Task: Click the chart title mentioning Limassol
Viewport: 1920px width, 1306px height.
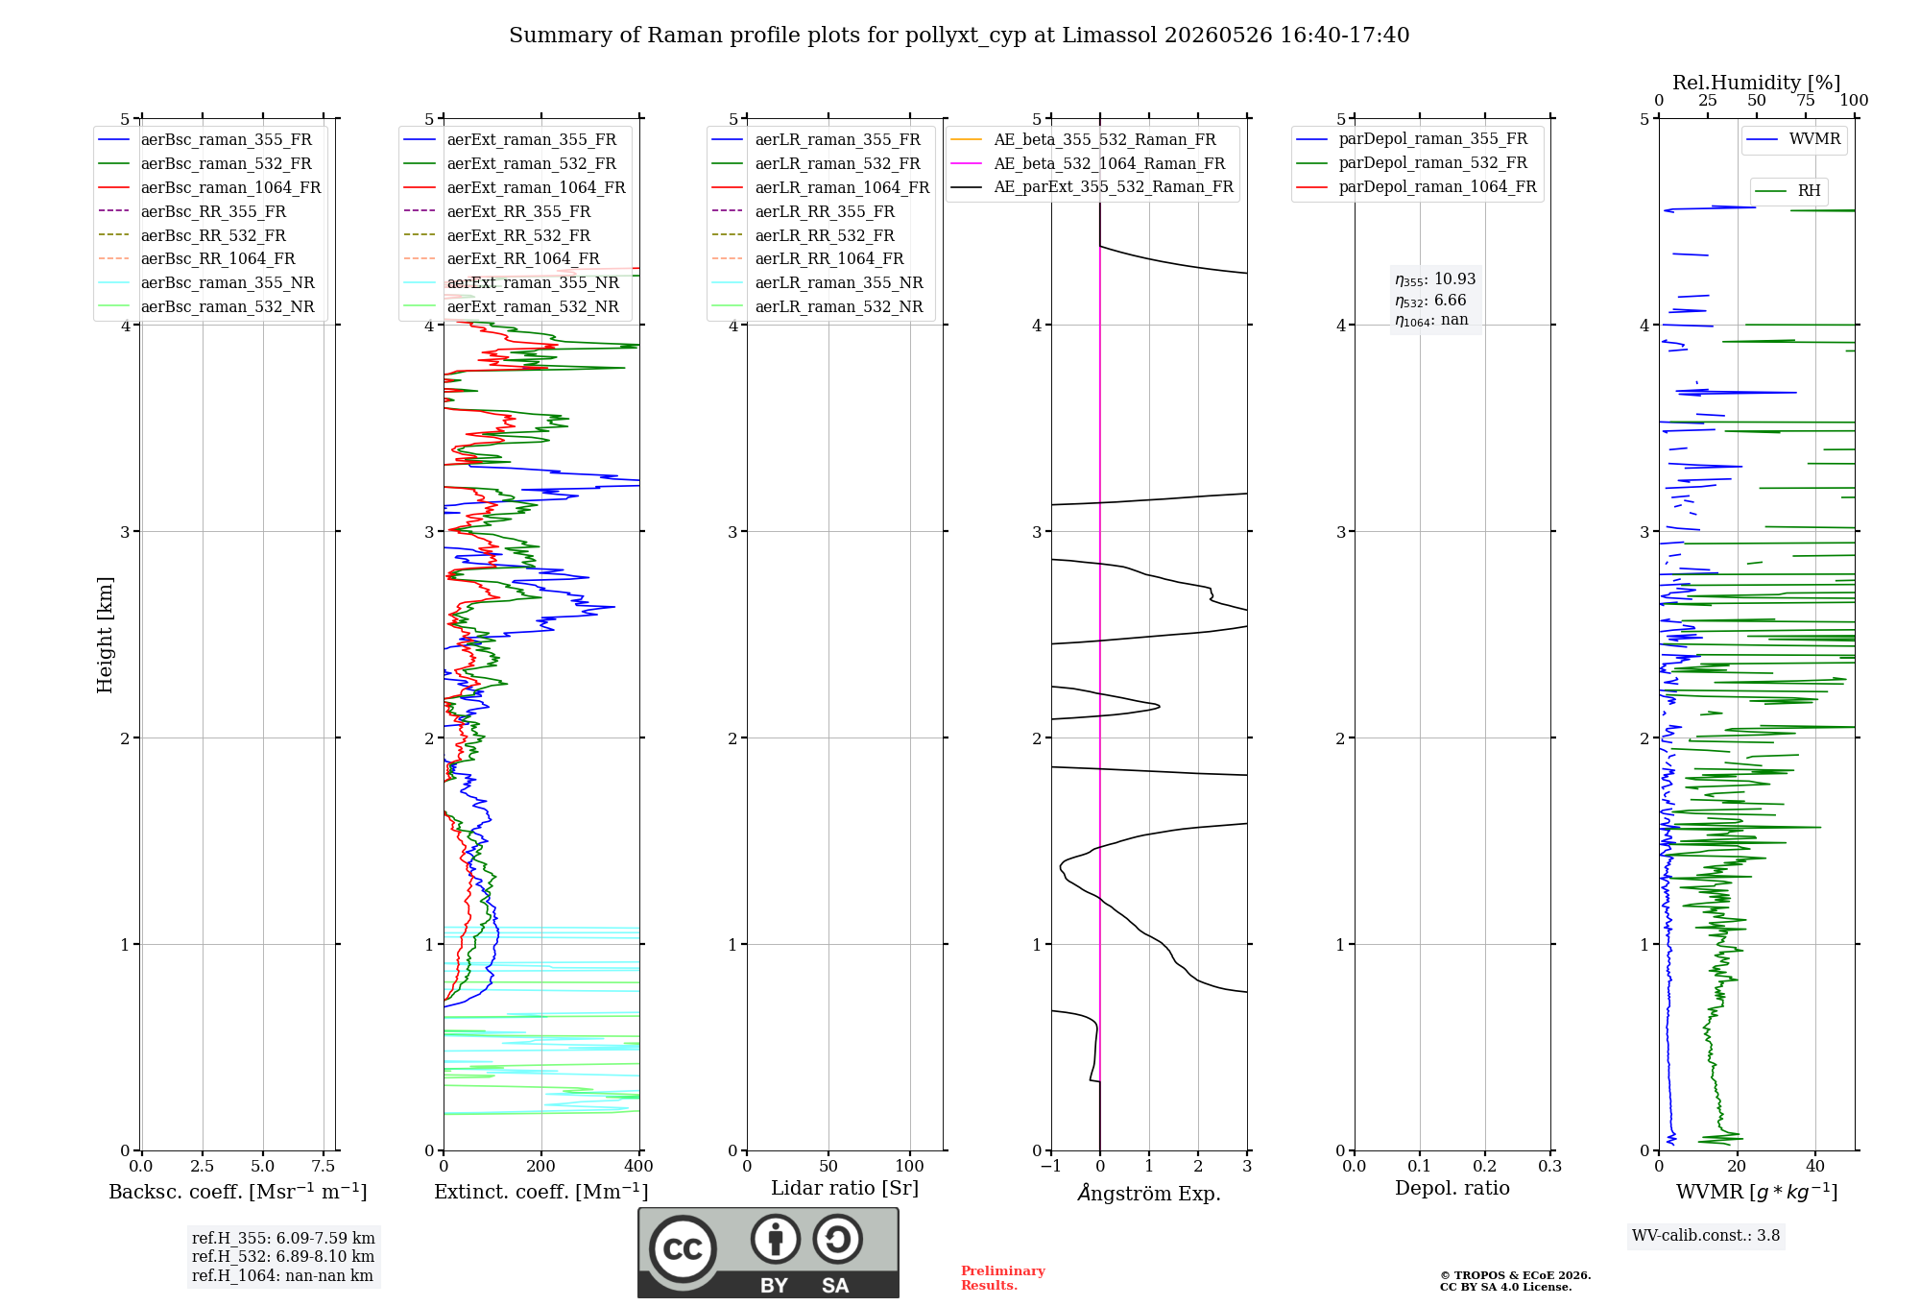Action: [x=959, y=36]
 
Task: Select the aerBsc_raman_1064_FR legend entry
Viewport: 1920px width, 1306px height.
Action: [x=209, y=187]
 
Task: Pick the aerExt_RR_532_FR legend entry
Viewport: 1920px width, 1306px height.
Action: [x=496, y=235]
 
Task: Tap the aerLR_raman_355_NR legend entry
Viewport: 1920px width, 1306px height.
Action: [x=817, y=282]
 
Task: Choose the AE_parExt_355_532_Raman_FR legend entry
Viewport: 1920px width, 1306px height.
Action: [x=1092, y=186]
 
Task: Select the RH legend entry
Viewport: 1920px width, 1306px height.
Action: [x=1788, y=191]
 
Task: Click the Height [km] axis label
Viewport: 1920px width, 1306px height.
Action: [x=105, y=635]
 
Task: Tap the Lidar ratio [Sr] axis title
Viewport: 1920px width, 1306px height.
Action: [x=845, y=1189]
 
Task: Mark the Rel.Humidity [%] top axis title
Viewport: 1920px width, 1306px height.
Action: [x=1757, y=83]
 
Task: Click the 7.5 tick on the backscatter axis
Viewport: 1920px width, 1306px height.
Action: [x=324, y=1167]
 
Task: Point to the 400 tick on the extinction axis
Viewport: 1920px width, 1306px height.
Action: [x=639, y=1167]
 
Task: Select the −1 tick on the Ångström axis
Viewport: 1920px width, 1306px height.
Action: [x=1051, y=1167]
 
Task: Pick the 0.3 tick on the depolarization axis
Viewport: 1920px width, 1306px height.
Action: [x=1550, y=1167]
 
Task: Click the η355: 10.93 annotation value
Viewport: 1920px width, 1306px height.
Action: [x=1435, y=279]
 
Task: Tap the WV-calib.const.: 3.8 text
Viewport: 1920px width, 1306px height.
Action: [x=1706, y=1236]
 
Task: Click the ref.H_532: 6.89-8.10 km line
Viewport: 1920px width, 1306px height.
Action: [x=283, y=1257]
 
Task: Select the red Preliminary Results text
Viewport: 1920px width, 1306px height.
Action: [x=1003, y=1278]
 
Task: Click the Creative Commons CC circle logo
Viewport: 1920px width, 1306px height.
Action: [x=683, y=1249]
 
